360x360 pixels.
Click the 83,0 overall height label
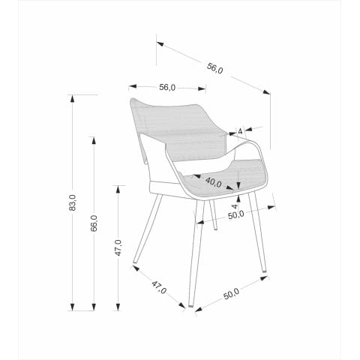(x=73, y=202)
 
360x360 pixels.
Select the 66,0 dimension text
(x=94, y=223)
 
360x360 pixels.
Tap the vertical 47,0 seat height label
(x=118, y=247)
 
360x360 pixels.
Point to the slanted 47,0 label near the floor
(x=159, y=287)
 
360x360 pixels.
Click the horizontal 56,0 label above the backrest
(x=167, y=88)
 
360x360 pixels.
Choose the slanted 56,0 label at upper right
(x=214, y=68)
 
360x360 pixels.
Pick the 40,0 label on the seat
(x=214, y=182)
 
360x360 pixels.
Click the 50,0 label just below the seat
(x=236, y=215)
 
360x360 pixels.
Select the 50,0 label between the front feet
(x=231, y=294)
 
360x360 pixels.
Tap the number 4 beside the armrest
(x=240, y=131)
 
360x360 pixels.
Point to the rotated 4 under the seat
(x=235, y=206)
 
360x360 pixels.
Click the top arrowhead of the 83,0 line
(x=73, y=98)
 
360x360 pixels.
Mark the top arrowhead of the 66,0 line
(x=94, y=140)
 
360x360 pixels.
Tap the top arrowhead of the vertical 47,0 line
(x=118, y=189)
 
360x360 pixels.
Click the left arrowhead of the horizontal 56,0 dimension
(x=133, y=86)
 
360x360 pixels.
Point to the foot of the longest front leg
(x=191, y=305)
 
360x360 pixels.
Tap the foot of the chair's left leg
(x=135, y=262)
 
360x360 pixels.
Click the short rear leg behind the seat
(x=213, y=214)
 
